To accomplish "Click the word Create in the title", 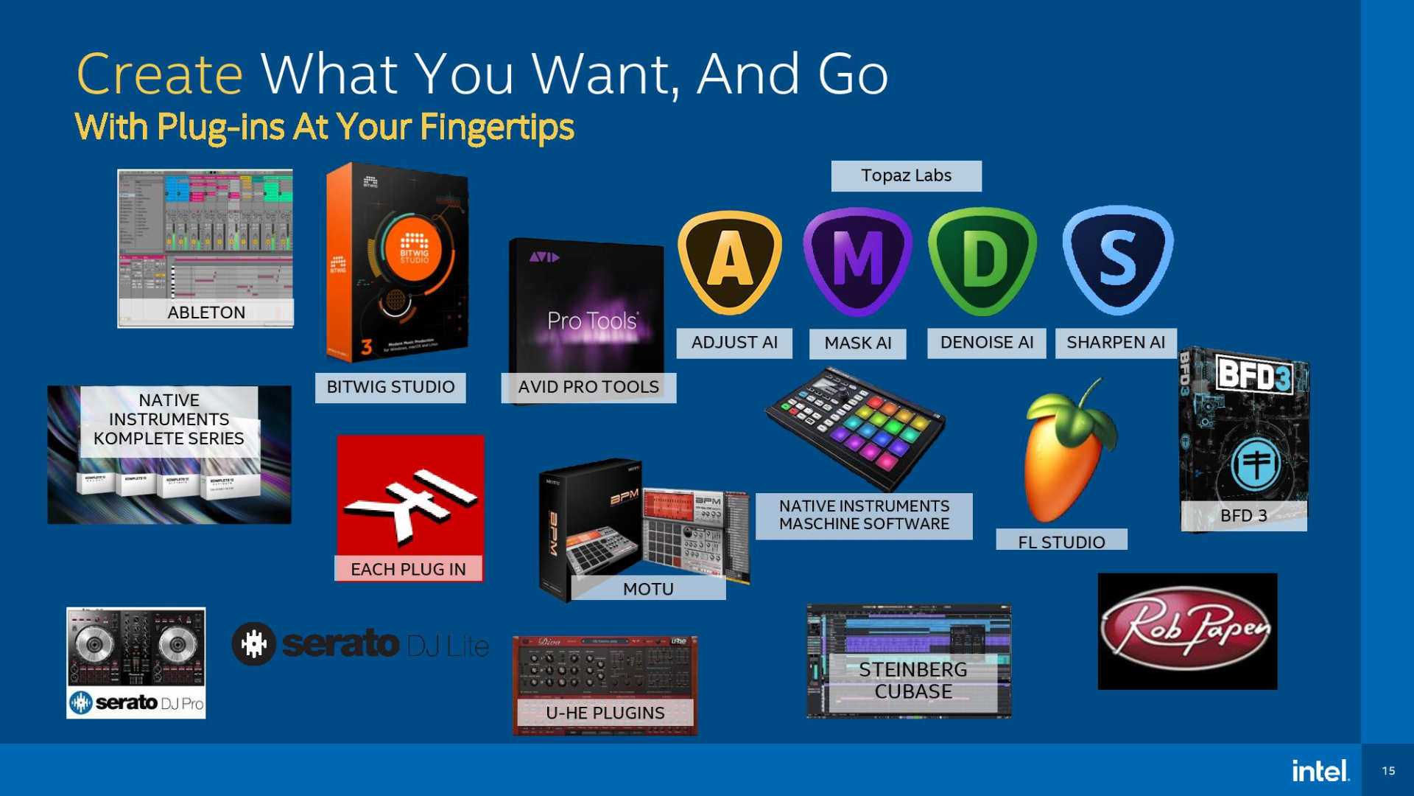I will click(160, 74).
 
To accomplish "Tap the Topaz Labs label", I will click(906, 176).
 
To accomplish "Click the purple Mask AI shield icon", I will click(857, 259).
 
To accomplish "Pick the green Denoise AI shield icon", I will click(982, 259).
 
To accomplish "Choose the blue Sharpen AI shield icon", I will click(1117, 259).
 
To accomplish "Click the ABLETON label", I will click(206, 313).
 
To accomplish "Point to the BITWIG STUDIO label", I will click(390, 387).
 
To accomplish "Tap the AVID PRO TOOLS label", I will click(588, 387).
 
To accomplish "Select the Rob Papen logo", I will click(1187, 632).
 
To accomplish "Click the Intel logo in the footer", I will click(1320, 771).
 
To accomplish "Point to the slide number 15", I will click(1388, 771).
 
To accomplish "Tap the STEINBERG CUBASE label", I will click(912, 680).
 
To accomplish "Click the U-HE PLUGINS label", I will click(605, 713).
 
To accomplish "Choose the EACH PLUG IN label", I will click(408, 569).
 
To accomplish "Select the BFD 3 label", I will click(1243, 516).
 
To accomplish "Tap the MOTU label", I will click(648, 589).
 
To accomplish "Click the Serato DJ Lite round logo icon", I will click(254, 644).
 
